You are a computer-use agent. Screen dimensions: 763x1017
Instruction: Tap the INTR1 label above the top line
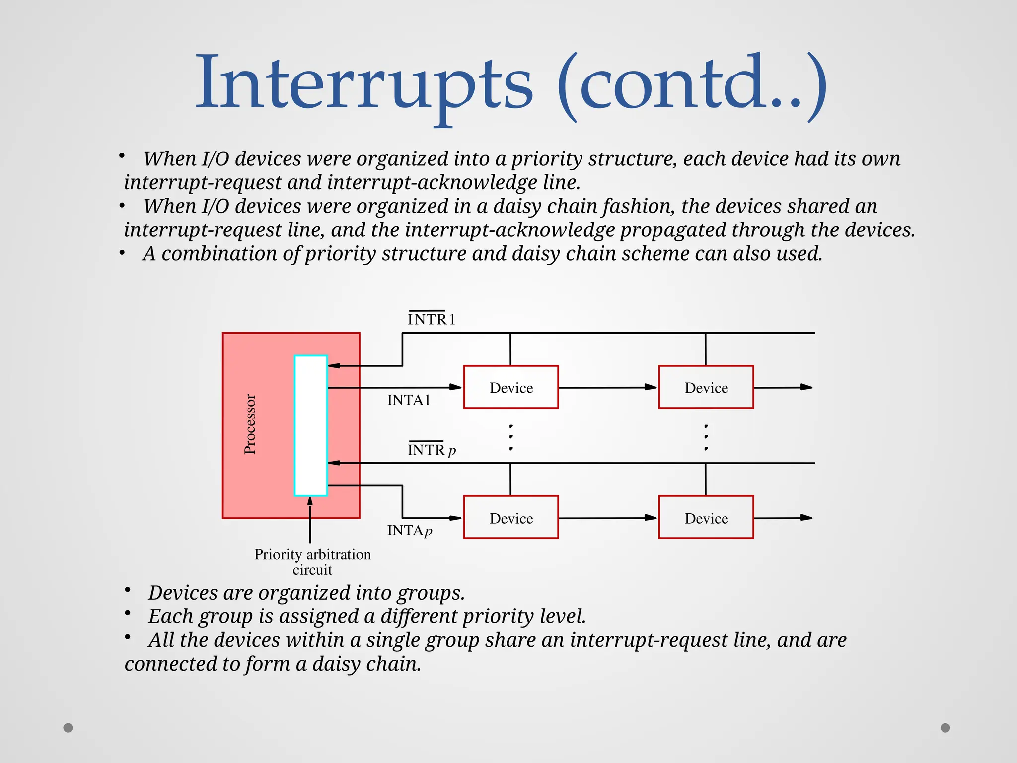[x=431, y=319]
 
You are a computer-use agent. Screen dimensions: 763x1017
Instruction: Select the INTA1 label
[x=409, y=400]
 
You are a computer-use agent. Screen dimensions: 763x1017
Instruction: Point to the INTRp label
[x=432, y=450]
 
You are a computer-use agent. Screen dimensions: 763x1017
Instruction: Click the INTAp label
[x=410, y=531]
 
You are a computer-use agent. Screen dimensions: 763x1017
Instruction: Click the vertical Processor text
[x=250, y=424]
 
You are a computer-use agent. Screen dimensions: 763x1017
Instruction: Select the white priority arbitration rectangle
[x=311, y=425]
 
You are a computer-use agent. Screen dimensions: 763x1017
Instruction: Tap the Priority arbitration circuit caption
[x=312, y=562]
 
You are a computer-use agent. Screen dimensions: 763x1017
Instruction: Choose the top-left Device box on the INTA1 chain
[x=511, y=387]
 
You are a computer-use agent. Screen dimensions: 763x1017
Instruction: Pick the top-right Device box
[x=706, y=387]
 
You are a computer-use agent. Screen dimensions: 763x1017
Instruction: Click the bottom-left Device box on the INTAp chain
[x=511, y=518]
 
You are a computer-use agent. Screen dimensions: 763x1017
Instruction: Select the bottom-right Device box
[x=706, y=518]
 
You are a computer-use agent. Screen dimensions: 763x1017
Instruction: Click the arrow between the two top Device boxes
[x=608, y=387]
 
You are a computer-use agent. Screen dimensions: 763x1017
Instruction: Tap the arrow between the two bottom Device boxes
[x=608, y=518]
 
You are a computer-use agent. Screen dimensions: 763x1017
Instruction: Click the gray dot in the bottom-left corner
[x=68, y=728]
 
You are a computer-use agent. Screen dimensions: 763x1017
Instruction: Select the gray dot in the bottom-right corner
[x=945, y=728]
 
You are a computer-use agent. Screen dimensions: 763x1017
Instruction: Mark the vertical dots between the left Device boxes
[x=511, y=437]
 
